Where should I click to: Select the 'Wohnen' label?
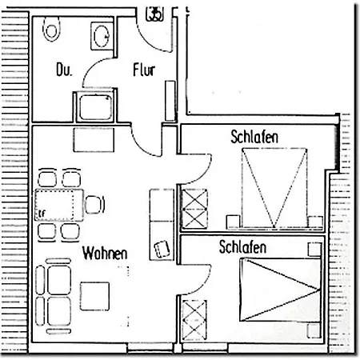[105, 253]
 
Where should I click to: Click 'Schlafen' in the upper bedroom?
[254, 138]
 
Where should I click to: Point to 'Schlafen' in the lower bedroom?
[242, 249]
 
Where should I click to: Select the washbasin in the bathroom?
[102, 35]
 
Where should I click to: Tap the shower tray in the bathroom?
[94, 106]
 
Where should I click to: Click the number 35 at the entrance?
[156, 12]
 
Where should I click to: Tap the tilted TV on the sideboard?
[162, 248]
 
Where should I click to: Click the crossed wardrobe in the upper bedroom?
[195, 205]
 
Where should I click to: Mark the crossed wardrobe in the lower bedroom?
[194, 318]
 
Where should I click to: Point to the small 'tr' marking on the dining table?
[39, 214]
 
